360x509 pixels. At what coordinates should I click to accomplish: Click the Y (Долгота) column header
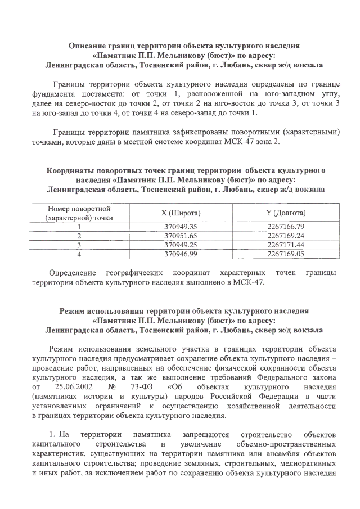[286, 213]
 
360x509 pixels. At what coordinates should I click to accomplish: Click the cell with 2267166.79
[286, 227]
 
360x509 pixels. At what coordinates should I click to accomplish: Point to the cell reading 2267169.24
[286, 236]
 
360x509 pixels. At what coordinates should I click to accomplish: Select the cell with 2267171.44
[286, 245]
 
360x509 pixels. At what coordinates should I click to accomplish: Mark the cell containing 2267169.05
[286, 254]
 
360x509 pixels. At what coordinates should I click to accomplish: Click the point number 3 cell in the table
[79, 245]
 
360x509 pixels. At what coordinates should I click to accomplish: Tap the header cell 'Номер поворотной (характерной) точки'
[79, 213]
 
